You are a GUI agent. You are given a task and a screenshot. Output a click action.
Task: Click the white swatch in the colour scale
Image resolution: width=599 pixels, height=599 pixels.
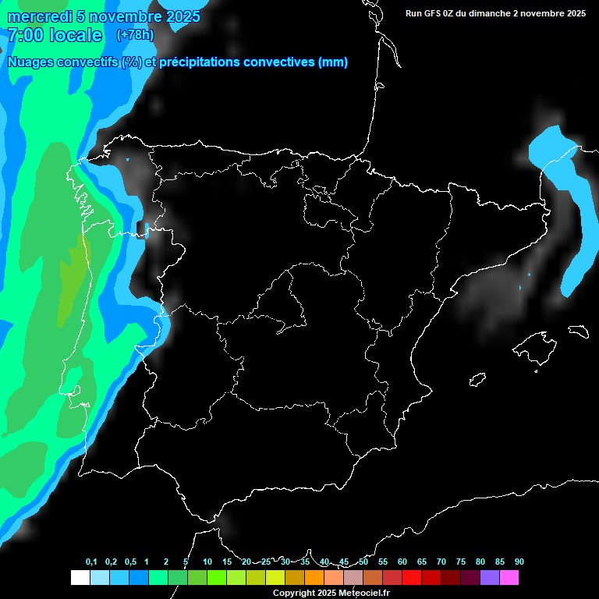point(80,578)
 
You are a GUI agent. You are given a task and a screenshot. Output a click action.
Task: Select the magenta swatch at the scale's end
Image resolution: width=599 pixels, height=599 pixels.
point(509,578)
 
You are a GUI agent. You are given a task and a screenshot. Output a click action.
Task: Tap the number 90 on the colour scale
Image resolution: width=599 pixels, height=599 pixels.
point(519,562)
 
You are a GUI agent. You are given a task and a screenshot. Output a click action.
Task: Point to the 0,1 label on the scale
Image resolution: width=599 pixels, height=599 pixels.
point(91,562)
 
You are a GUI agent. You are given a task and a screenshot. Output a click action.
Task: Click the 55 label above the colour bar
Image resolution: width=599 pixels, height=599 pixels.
point(382,562)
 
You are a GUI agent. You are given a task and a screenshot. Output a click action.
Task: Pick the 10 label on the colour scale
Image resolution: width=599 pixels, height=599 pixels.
point(207,562)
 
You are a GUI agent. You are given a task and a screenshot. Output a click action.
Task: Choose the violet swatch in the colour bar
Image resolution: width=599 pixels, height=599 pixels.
point(490,578)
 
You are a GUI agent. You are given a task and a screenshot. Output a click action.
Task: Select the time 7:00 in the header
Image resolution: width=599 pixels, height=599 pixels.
point(25,35)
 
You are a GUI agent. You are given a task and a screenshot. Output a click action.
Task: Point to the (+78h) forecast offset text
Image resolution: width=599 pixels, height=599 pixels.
point(135,35)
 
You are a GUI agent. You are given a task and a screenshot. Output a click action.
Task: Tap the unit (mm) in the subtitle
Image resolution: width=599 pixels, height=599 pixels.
point(333,62)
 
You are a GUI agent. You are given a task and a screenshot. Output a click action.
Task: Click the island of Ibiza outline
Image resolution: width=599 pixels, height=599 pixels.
point(477,379)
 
